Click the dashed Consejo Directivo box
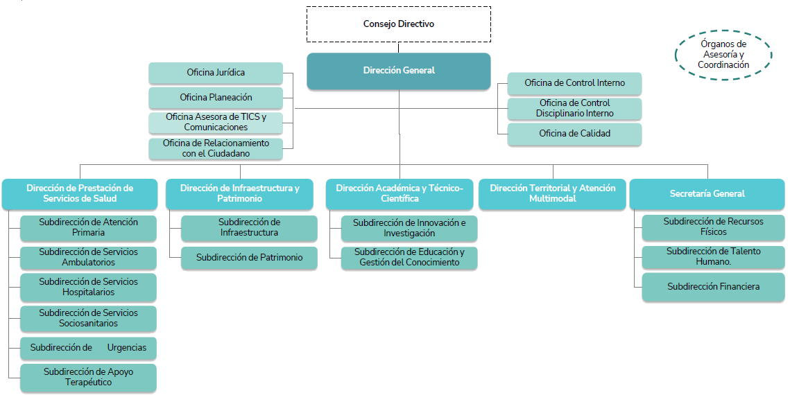click(399, 24)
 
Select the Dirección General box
click(399, 71)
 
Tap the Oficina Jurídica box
click(216, 73)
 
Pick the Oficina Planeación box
click(216, 98)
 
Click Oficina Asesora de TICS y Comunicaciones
click(216, 122)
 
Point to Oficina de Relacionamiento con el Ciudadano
click(216, 148)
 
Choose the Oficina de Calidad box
click(574, 134)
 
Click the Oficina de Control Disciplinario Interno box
click(574, 109)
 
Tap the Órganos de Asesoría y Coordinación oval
click(723, 55)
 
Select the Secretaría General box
click(707, 194)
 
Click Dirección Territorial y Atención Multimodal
click(552, 194)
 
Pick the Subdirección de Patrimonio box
click(249, 258)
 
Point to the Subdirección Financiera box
click(713, 287)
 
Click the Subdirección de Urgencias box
click(88, 348)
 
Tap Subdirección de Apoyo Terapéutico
click(88, 378)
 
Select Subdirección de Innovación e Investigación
click(409, 229)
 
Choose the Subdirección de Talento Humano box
click(713, 256)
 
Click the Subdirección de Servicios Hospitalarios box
click(88, 288)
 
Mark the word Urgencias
click(126, 348)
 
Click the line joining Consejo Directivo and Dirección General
click(399, 48)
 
